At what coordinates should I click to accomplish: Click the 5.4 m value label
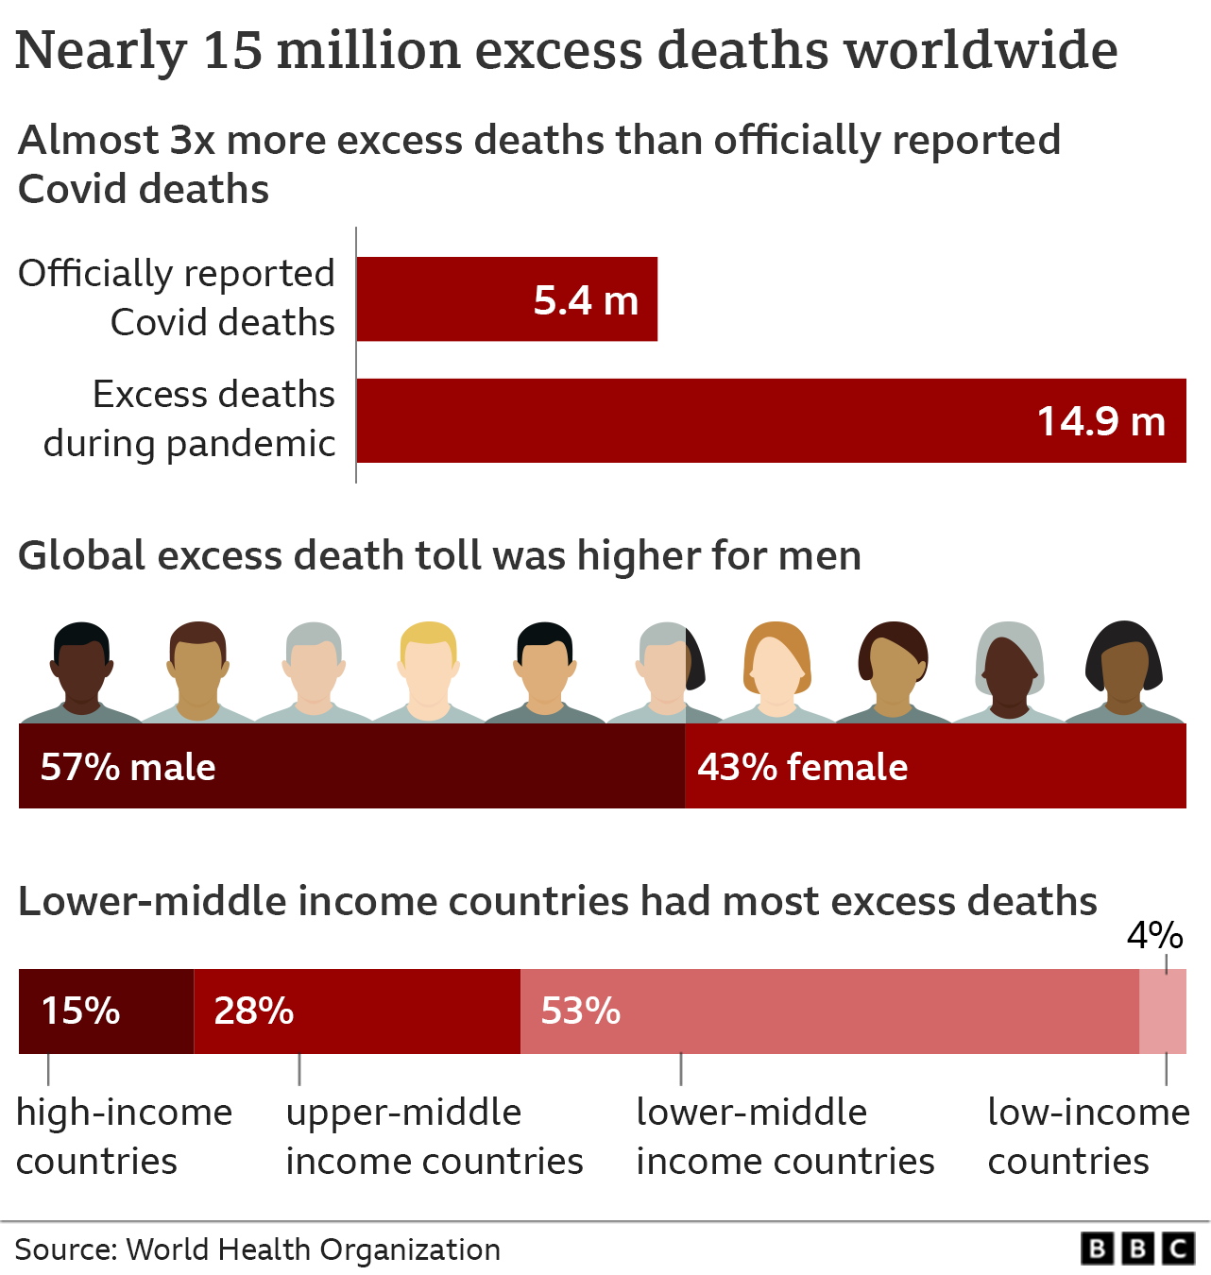point(586,300)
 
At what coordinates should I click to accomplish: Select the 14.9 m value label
point(1100,421)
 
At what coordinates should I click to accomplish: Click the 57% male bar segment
point(351,766)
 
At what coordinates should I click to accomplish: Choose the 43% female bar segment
point(935,766)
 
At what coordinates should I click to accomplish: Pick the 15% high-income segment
point(106,1011)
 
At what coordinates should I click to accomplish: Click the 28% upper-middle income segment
point(356,1011)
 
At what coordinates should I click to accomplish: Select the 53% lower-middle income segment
point(829,1011)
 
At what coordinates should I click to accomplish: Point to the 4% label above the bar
point(1154,935)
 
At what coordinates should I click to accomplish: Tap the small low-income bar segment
point(1163,1011)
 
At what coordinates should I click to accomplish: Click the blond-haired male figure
point(428,671)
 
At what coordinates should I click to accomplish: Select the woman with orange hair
point(776,671)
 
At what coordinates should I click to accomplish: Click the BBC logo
point(1137,1249)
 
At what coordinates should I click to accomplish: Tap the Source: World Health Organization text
point(258,1249)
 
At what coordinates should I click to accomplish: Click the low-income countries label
point(1087,1136)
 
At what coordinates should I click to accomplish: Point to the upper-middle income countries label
point(434,1136)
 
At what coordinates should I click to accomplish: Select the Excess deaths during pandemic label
point(189,418)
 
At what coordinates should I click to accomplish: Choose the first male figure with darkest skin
point(81,671)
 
